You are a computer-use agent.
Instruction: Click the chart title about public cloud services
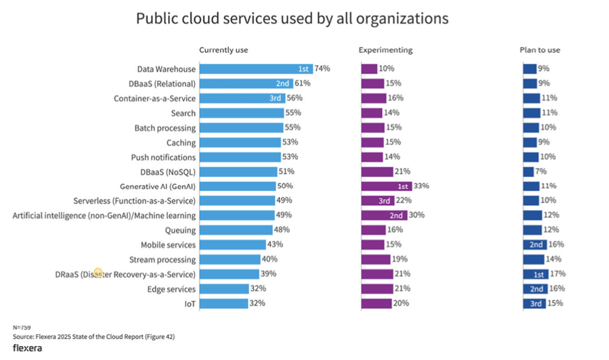(x=292, y=19)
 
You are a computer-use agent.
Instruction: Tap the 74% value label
(x=322, y=69)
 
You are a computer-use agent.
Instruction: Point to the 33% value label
(x=421, y=186)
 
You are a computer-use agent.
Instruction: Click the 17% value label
(x=558, y=274)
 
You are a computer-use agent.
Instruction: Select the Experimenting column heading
(x=385, y=50)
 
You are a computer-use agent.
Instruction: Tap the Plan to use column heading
(x=540, y=50)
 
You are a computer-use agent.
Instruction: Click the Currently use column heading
(x=224, y=50)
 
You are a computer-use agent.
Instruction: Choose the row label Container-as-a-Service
(x=155, y=99)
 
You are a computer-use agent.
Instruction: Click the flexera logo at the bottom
(x=27, y=349)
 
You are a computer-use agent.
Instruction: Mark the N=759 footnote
(x=21, y=327)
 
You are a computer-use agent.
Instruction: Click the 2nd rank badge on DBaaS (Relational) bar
(x=283, y=84)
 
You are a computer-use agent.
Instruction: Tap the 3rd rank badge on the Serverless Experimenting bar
(x=384, y=201)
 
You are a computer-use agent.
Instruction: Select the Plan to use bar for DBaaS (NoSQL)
(x=528, y=172)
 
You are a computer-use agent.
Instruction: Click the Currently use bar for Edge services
(x=224, y=289)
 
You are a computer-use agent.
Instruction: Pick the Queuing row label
(x=180, y=230)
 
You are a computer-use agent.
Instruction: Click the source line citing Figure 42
(x=94, y=337)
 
